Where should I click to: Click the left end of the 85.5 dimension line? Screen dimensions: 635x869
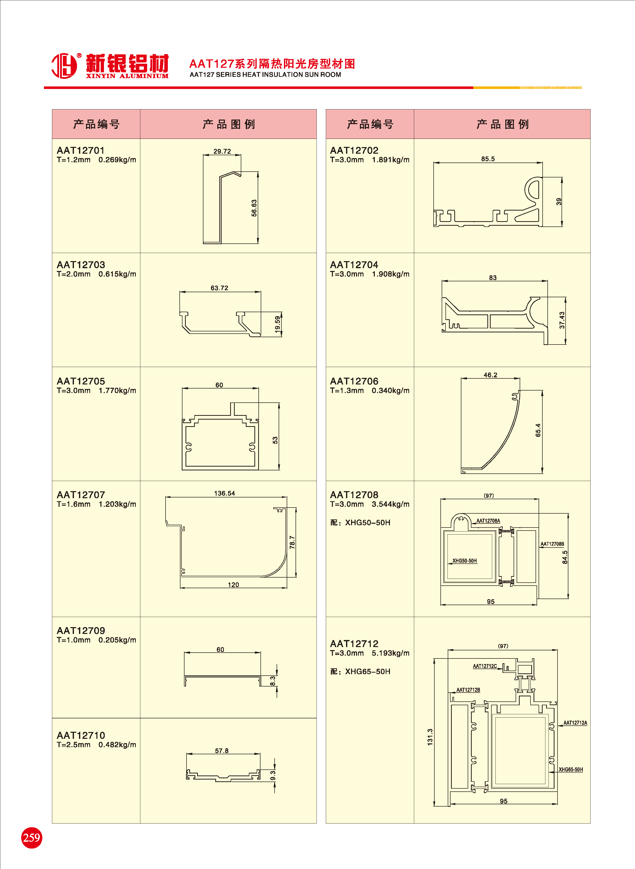pos(434,163)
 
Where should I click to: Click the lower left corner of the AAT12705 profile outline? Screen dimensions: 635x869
pos(182,470)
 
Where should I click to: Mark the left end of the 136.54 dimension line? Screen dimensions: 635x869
pos(166,497)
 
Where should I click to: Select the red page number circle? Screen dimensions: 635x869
pos(32,837)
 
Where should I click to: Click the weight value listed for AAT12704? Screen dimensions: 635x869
pos(390,274)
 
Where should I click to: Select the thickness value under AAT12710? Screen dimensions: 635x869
pos(74,745)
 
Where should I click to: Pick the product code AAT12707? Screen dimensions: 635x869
pos(81,495)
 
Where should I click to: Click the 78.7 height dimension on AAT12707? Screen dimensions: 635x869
pos(292,542)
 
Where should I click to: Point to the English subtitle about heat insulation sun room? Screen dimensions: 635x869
pos(265,75)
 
